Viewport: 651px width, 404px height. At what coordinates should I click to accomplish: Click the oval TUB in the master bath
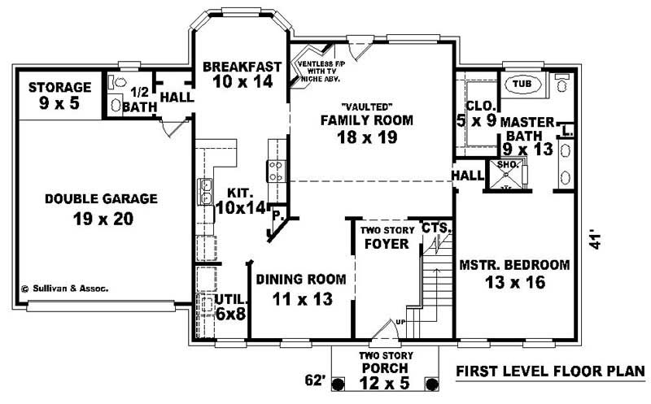click(x=518, y=83)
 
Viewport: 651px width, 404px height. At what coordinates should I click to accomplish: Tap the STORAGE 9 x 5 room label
click(x=59, y=95)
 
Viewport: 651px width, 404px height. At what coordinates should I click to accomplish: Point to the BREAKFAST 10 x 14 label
click(x=242, y=74)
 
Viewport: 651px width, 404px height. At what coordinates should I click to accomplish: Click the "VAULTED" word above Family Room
click(x=365, y=106)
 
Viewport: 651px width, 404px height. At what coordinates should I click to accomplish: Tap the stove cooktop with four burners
click(x=277, y=170)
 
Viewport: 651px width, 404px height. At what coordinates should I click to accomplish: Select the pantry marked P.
click(x=277, y=218)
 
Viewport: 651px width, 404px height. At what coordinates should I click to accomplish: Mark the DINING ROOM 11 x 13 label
click(x=301, y=289)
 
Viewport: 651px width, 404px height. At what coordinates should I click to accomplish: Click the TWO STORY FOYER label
click(x=387, y=237)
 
